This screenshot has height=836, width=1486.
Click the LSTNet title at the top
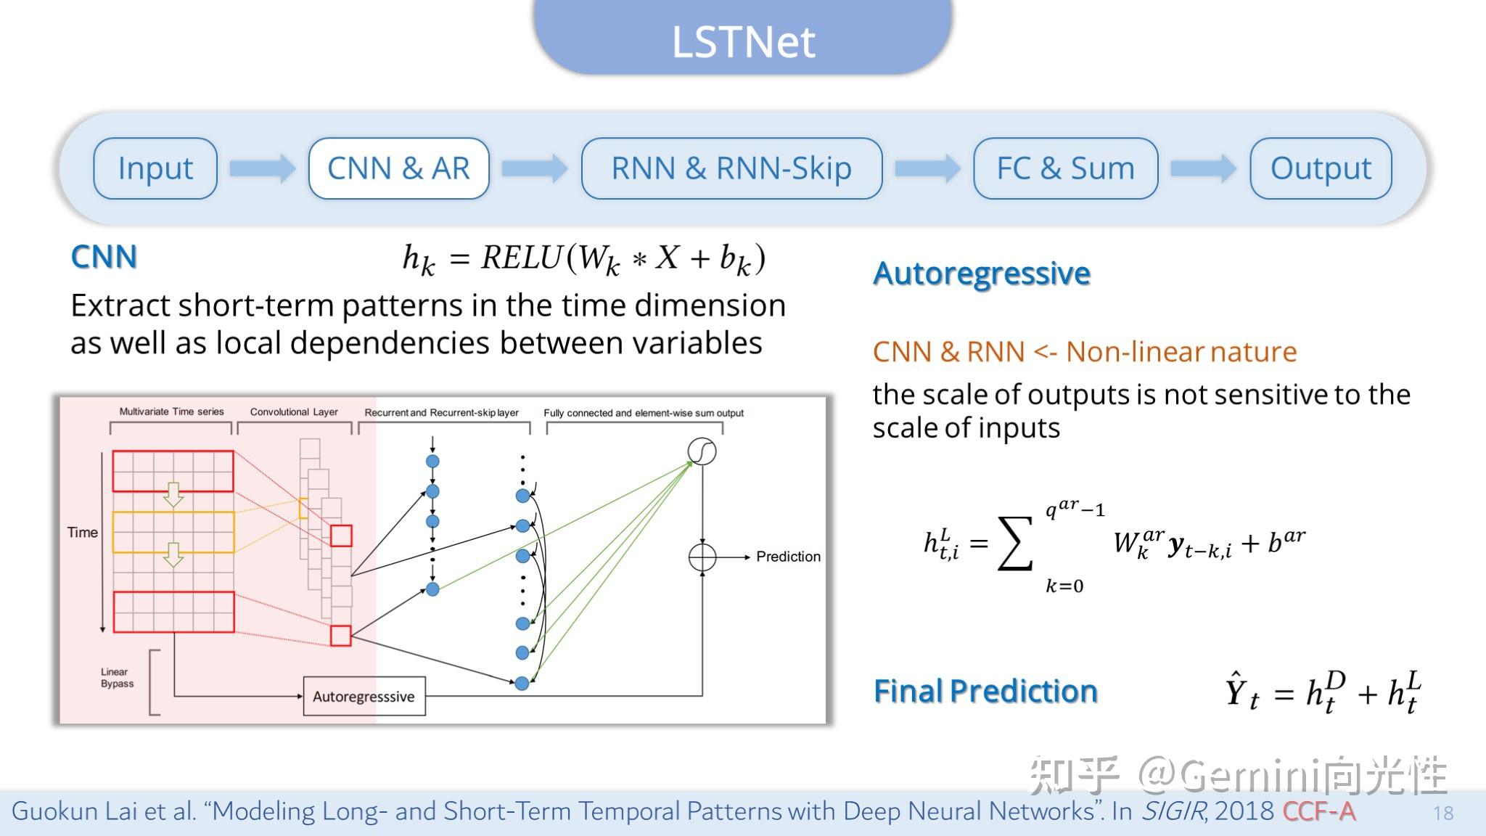click(743, 41)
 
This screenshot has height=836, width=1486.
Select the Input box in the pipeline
click(155, 168)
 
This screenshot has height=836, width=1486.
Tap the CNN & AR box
click(398, 168)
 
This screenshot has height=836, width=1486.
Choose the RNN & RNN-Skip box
click(731, 168)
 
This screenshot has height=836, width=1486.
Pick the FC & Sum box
click(1065, 168)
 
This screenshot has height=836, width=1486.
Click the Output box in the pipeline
click(1321, 168)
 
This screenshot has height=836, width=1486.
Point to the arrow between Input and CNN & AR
click(262, 168)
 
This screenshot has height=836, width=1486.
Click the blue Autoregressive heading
click(981, 274)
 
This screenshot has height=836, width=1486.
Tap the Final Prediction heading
click(985, 691)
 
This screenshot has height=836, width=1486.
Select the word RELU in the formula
click(521, 258)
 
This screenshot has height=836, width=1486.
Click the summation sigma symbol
click(1015, 544)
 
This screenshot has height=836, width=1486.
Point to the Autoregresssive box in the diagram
click(364, 696)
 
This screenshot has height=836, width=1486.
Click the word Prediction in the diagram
click(788, 557)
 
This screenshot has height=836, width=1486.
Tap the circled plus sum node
click(702, 557)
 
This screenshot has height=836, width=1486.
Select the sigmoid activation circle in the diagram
click(702, 451)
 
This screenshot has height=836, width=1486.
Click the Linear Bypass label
click(117, 678)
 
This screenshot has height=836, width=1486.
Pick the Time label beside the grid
click(82, 533)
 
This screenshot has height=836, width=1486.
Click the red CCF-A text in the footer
click(1318, 811)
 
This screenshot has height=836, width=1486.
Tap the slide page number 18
click(1442, 813)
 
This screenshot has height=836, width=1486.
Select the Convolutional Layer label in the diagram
click(294, 411)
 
